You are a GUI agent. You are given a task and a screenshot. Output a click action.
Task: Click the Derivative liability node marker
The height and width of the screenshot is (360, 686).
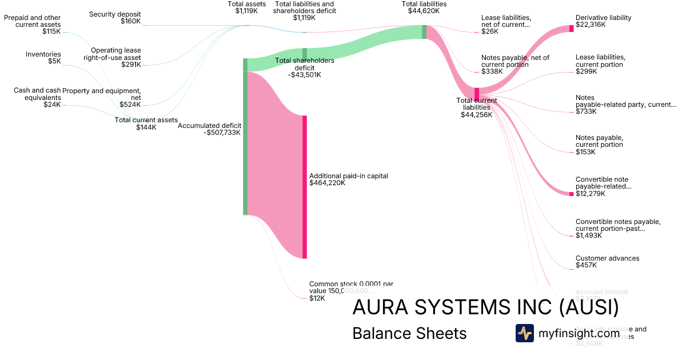[x=571, y=29]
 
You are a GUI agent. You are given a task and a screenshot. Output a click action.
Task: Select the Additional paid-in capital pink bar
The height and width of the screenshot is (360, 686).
[x=305, y=187]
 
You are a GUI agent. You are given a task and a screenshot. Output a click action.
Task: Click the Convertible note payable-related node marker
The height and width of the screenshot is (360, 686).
[x=571, y=194]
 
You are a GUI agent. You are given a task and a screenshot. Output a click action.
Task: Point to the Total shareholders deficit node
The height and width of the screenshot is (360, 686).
[x=305, y=54]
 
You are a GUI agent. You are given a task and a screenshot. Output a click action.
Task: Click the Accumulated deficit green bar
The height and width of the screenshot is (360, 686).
[x=245, y=137]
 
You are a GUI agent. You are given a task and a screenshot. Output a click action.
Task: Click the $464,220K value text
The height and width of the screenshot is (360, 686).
[x=327, y=183]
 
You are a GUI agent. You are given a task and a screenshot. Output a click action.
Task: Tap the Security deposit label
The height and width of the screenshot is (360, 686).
[x=115, y=14]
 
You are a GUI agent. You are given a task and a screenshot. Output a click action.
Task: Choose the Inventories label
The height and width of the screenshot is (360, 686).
[x=43, y=54]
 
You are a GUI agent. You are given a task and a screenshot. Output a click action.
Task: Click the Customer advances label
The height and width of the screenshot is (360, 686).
[x=607, y=258]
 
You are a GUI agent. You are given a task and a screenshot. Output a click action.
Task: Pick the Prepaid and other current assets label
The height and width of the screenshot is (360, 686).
[x=33, y=21]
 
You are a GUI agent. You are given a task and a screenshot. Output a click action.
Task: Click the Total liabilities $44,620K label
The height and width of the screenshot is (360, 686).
[x=424, y=7]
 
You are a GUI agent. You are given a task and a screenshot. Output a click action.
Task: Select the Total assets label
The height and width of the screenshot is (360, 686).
[x=246, y=4]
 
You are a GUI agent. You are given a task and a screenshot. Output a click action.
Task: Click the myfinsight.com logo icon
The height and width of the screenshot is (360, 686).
[x=524, y=333]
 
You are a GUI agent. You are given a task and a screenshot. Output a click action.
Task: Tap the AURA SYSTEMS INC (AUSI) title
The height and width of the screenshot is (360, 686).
[x=485, y=307]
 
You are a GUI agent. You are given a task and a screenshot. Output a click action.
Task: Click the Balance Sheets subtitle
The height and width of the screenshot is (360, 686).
[x=409, y=333]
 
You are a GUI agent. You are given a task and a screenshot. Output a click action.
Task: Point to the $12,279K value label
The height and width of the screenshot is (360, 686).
[x=591, y=194]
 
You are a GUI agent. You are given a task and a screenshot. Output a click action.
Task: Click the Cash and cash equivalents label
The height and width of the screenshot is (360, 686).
[x=37, y=94]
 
